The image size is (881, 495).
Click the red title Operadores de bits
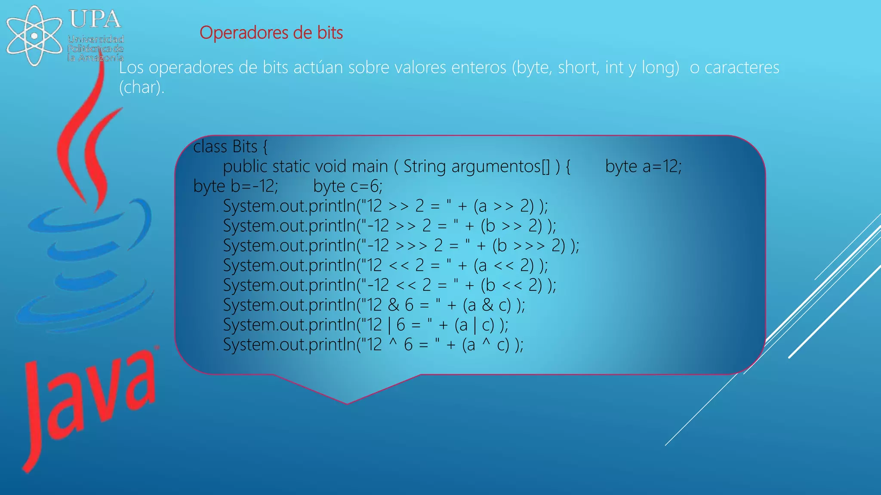coord(271,33)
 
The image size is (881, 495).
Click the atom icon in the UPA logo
coord(34,35)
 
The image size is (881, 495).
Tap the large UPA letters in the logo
coord(95,19)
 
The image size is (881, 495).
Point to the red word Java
coord(90,404)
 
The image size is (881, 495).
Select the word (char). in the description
coord(142,87)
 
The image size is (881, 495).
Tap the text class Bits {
coord(230,147)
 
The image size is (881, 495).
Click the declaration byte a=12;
coord(643,167)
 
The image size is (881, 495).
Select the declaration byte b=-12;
coord(236,186)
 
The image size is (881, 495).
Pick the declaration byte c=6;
coord(348,186)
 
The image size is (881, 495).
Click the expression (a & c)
coord(487,305)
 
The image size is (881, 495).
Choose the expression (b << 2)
coord(511,285)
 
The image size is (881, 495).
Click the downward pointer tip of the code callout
coord(347,403)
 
